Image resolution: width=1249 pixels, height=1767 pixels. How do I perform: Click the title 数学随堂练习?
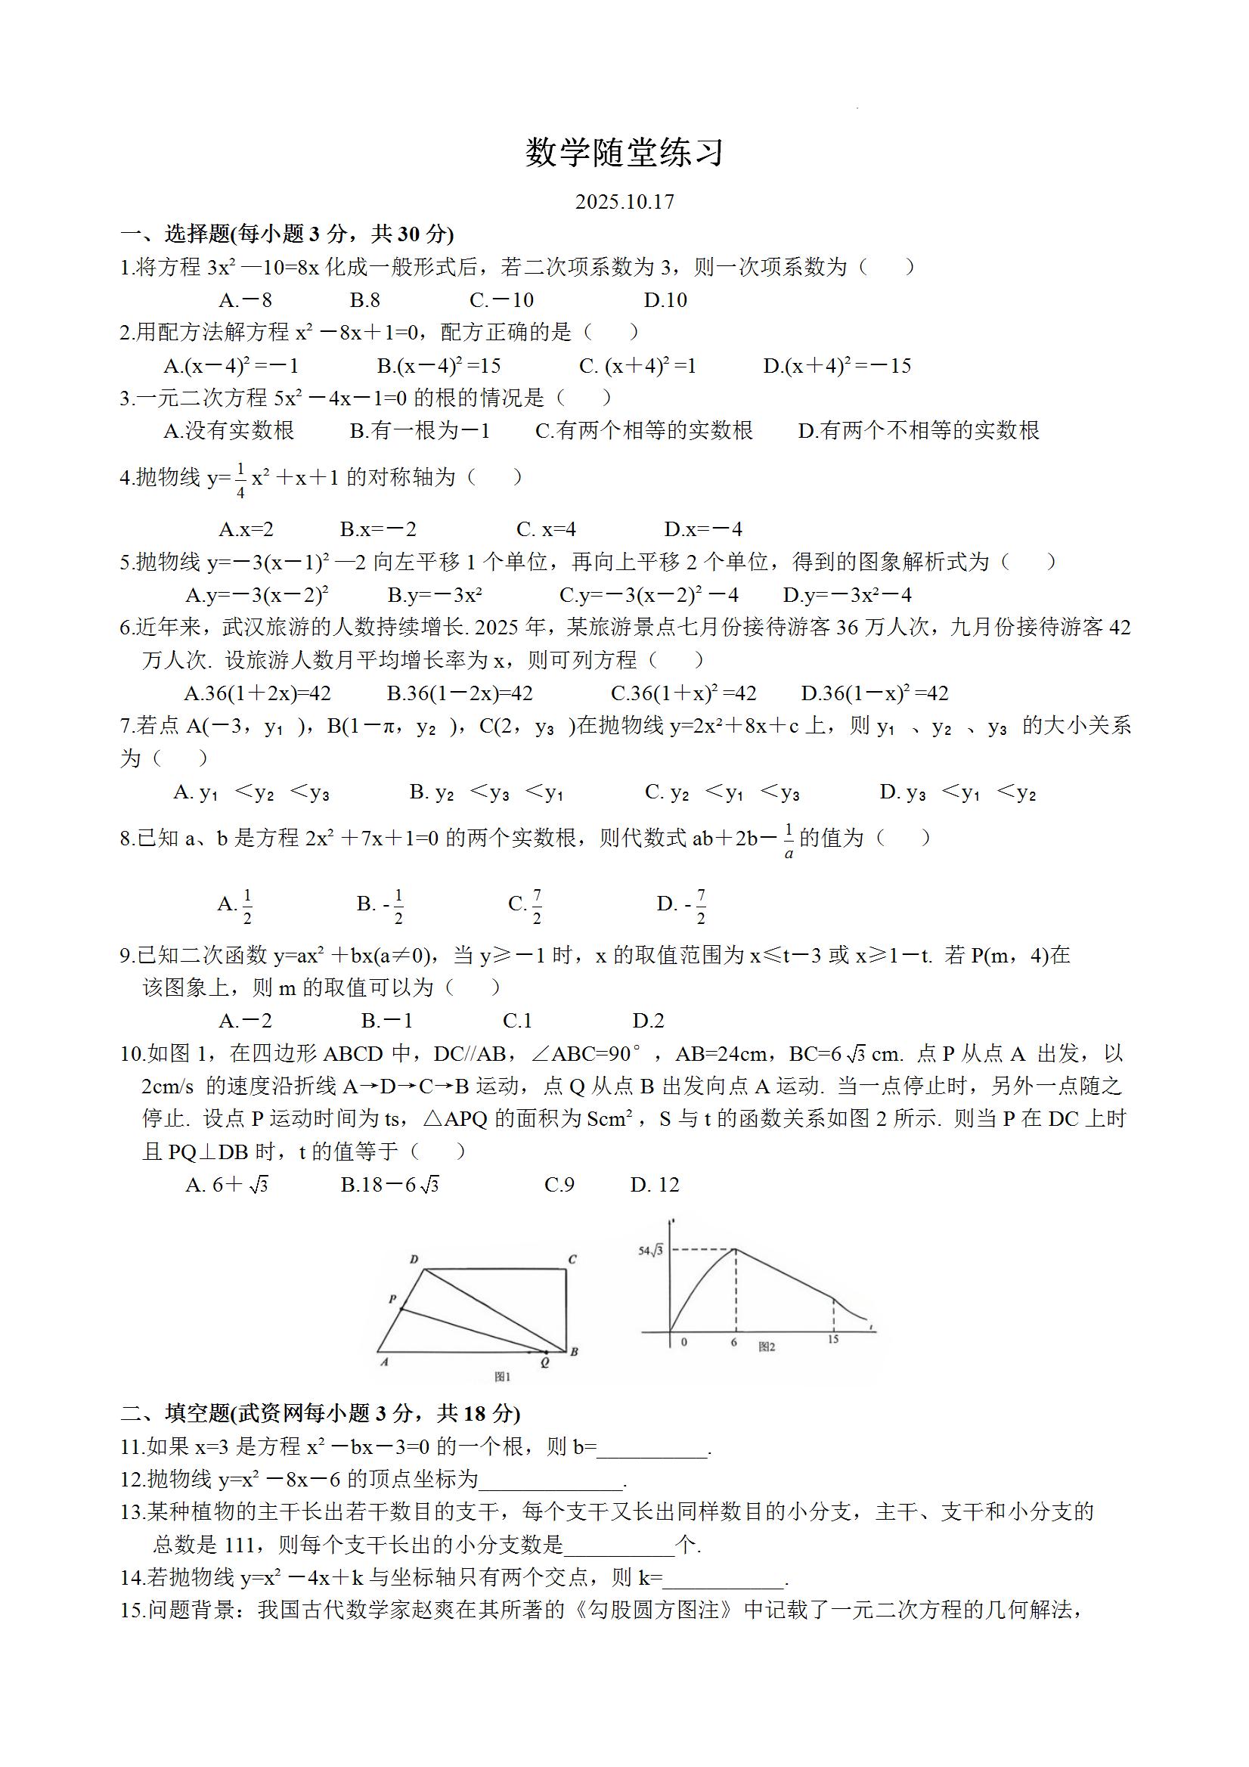tap(624, 153)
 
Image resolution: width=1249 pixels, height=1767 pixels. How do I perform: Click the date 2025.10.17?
tap(624, 202)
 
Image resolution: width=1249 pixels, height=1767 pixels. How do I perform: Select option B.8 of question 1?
tap(364, 300)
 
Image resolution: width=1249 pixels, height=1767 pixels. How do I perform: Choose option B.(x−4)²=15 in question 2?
tap(439, 365)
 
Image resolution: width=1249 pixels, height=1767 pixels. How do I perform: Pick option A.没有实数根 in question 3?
tap(228, 431)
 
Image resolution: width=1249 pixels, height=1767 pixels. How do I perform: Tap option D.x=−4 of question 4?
tap(703, 529)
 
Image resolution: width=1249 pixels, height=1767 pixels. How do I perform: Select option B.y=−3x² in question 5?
tap(435, 595)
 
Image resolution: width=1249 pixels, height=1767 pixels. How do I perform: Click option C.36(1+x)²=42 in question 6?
tap(683, 693)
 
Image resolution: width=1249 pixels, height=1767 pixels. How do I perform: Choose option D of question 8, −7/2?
tap(682, 906)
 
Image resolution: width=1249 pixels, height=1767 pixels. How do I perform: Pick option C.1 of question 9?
tap(517, 1021)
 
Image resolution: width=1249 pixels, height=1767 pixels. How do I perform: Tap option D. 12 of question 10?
tap(655, 1184)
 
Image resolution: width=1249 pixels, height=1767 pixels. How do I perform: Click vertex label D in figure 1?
tap(414, 1260)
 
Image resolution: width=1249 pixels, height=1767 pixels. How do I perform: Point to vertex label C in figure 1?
tap(572, 1260)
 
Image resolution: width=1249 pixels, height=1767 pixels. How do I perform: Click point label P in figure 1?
tap(392, 1299)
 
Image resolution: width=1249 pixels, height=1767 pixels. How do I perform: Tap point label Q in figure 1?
tap(545, 1362)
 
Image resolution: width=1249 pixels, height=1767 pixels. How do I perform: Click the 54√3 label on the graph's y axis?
tap(650, 1251)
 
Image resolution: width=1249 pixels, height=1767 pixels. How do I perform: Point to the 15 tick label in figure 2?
tap(832, 1340)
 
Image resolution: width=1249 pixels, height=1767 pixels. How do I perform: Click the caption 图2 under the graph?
tap(767, 1347)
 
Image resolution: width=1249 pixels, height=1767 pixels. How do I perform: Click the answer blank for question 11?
tap(652, 1449)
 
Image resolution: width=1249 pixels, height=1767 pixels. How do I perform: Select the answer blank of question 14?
tap(724, 1579)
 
